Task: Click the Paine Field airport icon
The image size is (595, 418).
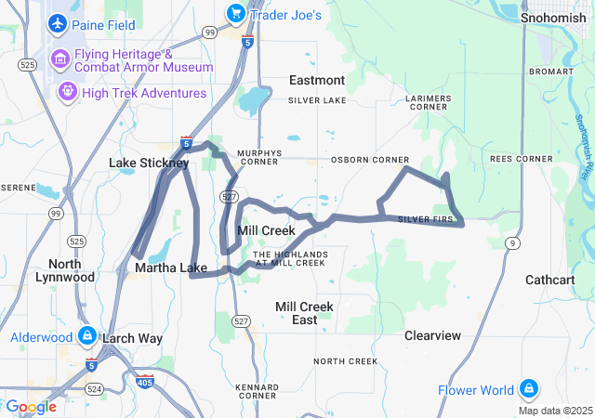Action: [x=59, y=22]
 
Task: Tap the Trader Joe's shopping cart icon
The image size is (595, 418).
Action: [x=235, y=15]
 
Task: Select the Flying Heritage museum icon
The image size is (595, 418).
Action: [x=62, y=61]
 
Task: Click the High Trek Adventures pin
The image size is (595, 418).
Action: [x=67, y=92]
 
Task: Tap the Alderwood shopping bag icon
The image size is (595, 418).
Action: [x=86, y=335]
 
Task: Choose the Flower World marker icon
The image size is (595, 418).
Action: [x=528, y=387]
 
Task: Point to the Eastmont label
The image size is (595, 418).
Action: [x=317, y=80]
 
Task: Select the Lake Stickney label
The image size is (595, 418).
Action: [x=149, y=163]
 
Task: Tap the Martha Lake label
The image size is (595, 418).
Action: [x=170, y=268]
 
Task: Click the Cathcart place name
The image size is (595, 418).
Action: [x=550, y=280]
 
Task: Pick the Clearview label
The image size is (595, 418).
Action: [x=432, y=335]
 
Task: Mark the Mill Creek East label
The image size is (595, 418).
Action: [x=304, y=312]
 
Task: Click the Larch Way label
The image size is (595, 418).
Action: [x=132, y=338]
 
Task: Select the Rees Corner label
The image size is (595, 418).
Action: [x=522, y=159]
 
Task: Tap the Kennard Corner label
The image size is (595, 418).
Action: [x=258, y=390]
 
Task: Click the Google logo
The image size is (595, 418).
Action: [x=32, y=406]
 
